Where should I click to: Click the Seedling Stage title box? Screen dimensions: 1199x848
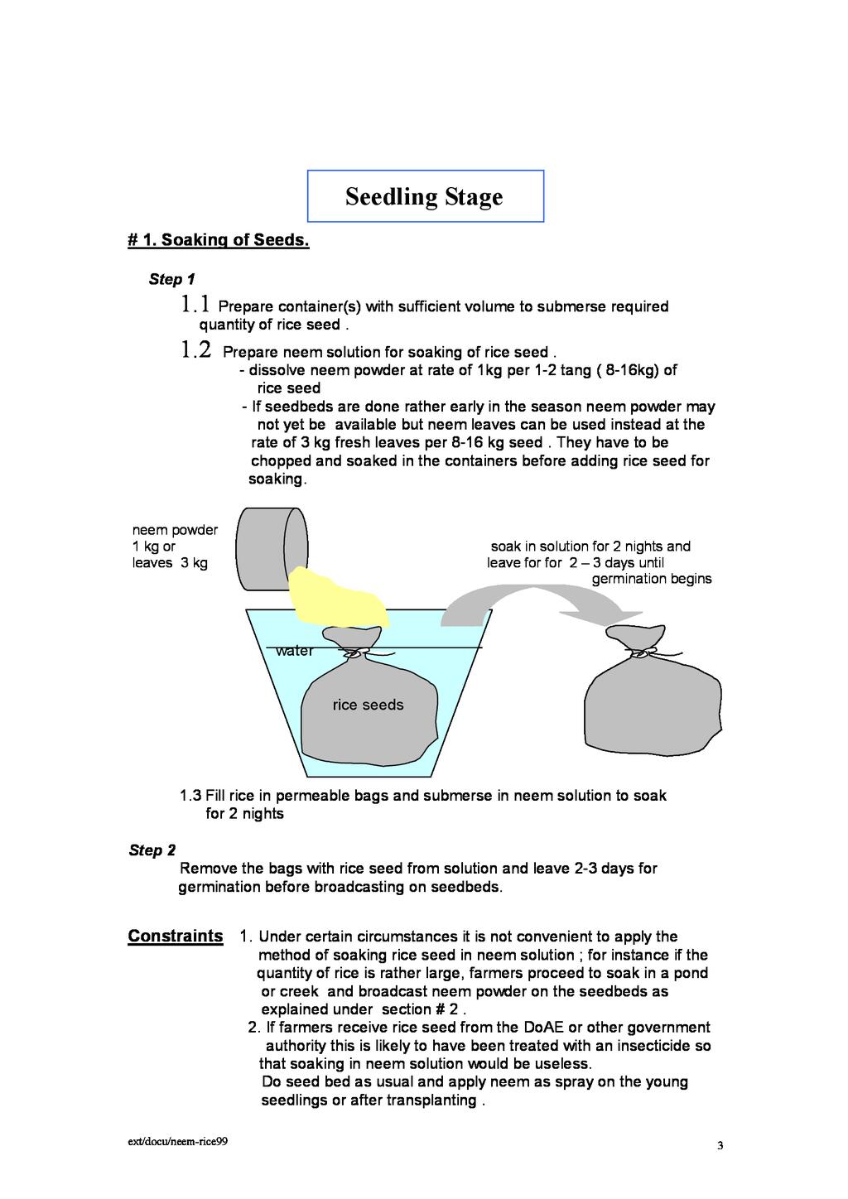[425, 196]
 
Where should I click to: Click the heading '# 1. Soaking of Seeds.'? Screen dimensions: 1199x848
[219, 241]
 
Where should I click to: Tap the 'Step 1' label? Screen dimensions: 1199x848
[171, 279]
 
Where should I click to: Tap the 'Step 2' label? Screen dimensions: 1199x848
[152, 850]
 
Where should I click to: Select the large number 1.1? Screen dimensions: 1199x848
[195, 304]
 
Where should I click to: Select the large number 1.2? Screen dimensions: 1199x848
[195, 350]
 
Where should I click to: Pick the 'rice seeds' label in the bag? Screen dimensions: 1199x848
[368, 705]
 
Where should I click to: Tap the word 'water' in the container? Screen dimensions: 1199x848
[295, 651]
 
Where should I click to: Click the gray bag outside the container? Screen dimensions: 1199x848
[653, 704]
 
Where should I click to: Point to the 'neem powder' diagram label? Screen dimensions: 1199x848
[175, 530]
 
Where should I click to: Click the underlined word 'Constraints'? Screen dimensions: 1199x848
[175, 937]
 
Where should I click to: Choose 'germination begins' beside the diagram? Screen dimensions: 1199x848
[651, 579]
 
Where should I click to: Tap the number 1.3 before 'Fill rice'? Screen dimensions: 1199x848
[190, 796]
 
